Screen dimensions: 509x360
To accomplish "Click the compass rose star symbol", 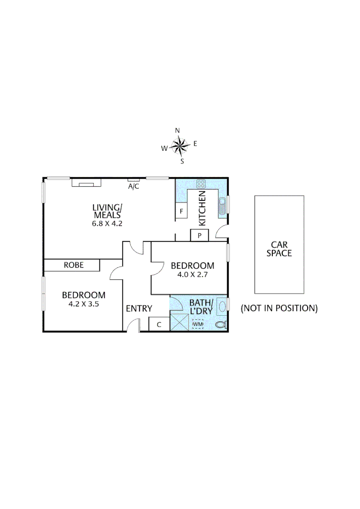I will (180, 146).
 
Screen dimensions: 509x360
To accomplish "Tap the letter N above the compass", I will (178, 131).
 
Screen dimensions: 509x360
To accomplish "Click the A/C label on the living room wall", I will (134, 186).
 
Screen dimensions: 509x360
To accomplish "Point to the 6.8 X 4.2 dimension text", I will (107, 224).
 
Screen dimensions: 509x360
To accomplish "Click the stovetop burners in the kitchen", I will (201, 184).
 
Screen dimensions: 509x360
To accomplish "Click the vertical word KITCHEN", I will (203, 208).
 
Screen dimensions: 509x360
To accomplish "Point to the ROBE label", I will (74, 265).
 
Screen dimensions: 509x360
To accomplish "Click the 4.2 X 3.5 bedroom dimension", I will (83, 304).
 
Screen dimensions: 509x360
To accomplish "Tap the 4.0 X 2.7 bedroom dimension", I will (192, 275).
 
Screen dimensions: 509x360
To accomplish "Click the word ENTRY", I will (139, 309).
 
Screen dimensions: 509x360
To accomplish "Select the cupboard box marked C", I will (159, 324).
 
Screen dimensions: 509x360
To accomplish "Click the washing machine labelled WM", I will (198, 324).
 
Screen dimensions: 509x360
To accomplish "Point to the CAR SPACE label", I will (279, 249).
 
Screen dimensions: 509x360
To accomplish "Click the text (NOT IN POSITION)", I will (279, 308).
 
